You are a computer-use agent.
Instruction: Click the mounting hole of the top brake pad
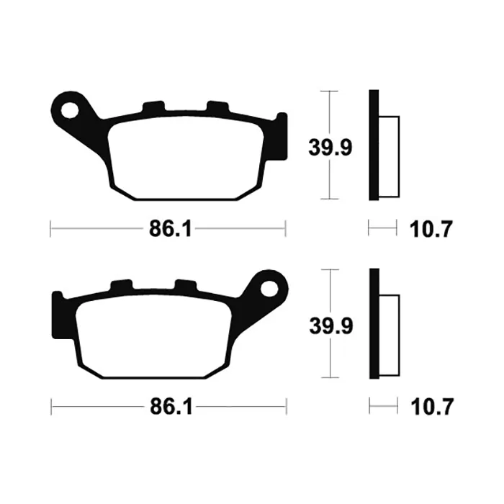(69, 110)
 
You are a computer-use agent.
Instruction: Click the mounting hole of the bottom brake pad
(269, 289)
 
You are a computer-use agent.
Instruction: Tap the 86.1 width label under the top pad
(171, 229)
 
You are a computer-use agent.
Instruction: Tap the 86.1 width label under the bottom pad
(171, 407)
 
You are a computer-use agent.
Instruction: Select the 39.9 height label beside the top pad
(330, 148)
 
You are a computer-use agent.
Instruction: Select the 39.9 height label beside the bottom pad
(331, 325)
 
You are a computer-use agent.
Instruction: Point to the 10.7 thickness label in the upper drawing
(431, 229)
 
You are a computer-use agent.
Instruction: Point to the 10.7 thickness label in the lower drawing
(432, 407)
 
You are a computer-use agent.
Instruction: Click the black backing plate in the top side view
(374, 145)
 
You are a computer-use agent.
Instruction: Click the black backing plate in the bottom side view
(374, 323)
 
